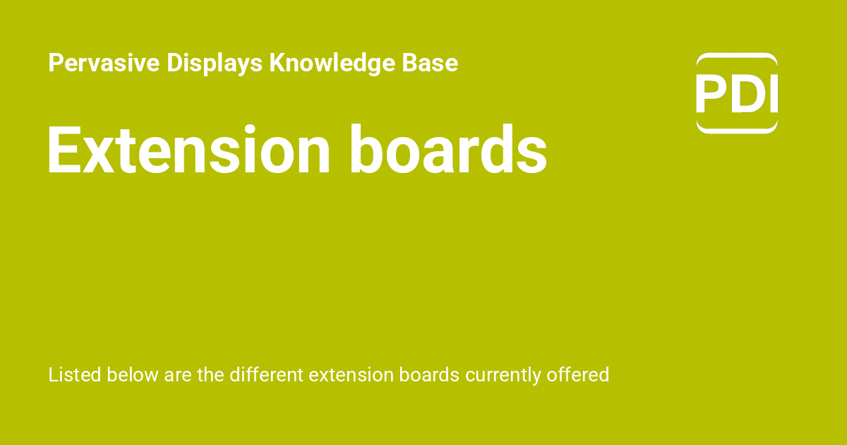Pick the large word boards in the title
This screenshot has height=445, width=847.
click(x=447, y=150)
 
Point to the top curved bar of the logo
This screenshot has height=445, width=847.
click(x=737, y=57)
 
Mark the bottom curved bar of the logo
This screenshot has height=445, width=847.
click(x=737, y=129)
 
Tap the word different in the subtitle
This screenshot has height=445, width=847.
click(x=266, y=374)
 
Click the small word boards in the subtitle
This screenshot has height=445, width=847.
click(x=429, y=374)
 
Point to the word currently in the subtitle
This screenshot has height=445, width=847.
click(x=503, y=375)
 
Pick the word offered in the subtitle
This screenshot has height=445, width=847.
click(x=578, y=374)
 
